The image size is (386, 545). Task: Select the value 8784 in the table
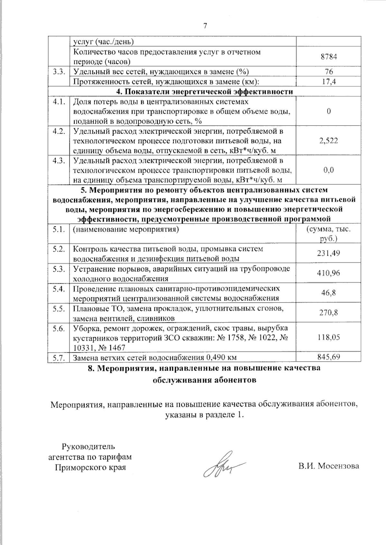(x=329, y=57)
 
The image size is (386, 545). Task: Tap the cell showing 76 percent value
(x=329, y=72)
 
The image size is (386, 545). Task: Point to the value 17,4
(x=329, y=82)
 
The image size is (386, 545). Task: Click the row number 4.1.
(x=59, y=102)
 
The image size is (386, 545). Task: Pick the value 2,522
(x=329, y=141)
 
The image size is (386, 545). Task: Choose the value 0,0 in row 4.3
(x=329, y=170)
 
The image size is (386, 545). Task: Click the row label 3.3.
(x=59, y=72)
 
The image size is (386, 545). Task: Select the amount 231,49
(x=329, y=253)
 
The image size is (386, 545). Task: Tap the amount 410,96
(x=329, y=273)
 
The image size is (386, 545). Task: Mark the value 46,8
(x=329, y=293)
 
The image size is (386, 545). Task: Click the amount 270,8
(x=329, y=312)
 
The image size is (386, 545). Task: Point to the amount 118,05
(x=329, y=337)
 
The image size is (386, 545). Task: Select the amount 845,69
(x=329, y=357)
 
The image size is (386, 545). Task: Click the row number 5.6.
(x=59, y=328)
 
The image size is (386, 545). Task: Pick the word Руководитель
(x=88, y=446)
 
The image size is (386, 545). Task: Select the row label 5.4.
(x=59, y=288)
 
